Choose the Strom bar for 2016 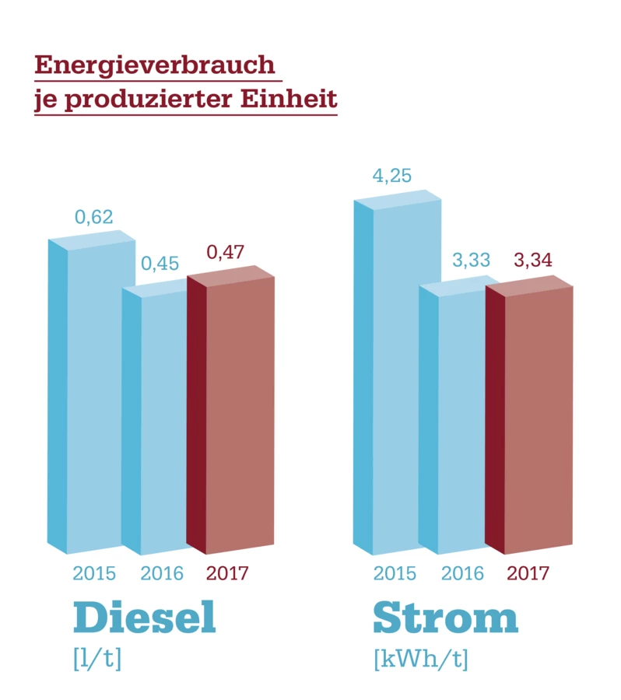click(461, 420)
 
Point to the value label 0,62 click(94, 217)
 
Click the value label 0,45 click(160, 264)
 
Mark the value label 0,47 click(226, 253)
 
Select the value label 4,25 click(391, 176)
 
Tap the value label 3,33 click(471, 261)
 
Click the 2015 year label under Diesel click(94, 574)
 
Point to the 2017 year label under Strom click(528, 574)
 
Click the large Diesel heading click(144, 618)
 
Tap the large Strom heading click(445, 618)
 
